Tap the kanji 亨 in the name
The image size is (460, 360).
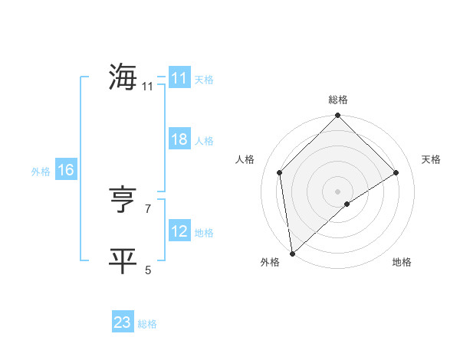123,201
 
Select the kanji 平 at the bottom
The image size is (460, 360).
123,260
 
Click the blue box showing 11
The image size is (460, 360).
179,78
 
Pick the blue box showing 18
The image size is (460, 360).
179,139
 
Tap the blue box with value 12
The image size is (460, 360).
179,231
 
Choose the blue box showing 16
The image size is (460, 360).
65,170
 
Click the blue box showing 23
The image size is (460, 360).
123,322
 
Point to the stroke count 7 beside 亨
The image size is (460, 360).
148,208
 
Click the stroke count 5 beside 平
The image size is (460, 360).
148,270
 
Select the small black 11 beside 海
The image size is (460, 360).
147,87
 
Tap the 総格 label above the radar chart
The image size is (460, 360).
338,100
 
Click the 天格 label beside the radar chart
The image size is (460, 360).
432,159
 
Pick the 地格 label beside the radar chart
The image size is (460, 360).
402,263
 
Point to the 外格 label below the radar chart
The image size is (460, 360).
270,263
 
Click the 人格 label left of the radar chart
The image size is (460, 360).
245,159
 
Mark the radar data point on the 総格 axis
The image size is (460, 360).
338,116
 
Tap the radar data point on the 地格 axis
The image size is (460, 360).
347,204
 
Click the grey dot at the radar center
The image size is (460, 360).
338,191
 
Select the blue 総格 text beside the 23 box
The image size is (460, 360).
147,324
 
